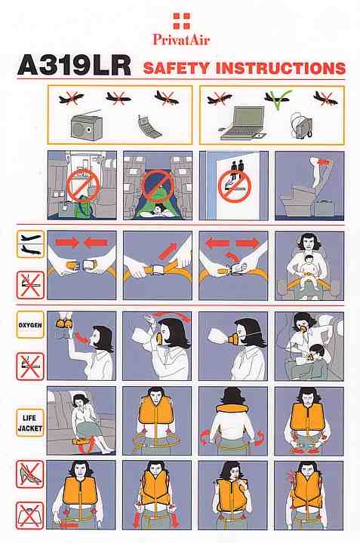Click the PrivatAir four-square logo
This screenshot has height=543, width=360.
[182, 21]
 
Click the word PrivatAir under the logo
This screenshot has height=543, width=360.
[181, 39]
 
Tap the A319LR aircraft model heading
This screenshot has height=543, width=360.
[75, 66]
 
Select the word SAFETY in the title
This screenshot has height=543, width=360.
[177, 68]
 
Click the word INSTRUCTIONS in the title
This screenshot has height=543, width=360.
[281, 68]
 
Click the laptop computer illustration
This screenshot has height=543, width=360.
[242, 124]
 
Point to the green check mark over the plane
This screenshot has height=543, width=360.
[278, 100]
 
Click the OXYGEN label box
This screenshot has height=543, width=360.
[30, 325]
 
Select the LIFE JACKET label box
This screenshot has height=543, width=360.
[30, 422]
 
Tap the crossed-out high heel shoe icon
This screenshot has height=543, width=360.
[30, 474]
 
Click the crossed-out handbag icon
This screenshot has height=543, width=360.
[30, 516]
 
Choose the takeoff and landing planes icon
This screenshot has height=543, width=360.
[30, 244]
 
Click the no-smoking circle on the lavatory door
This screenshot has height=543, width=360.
[234, 186]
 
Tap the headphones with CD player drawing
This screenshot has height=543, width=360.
[301, 125]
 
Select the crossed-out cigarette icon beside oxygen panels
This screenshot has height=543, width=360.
[30, 367]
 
